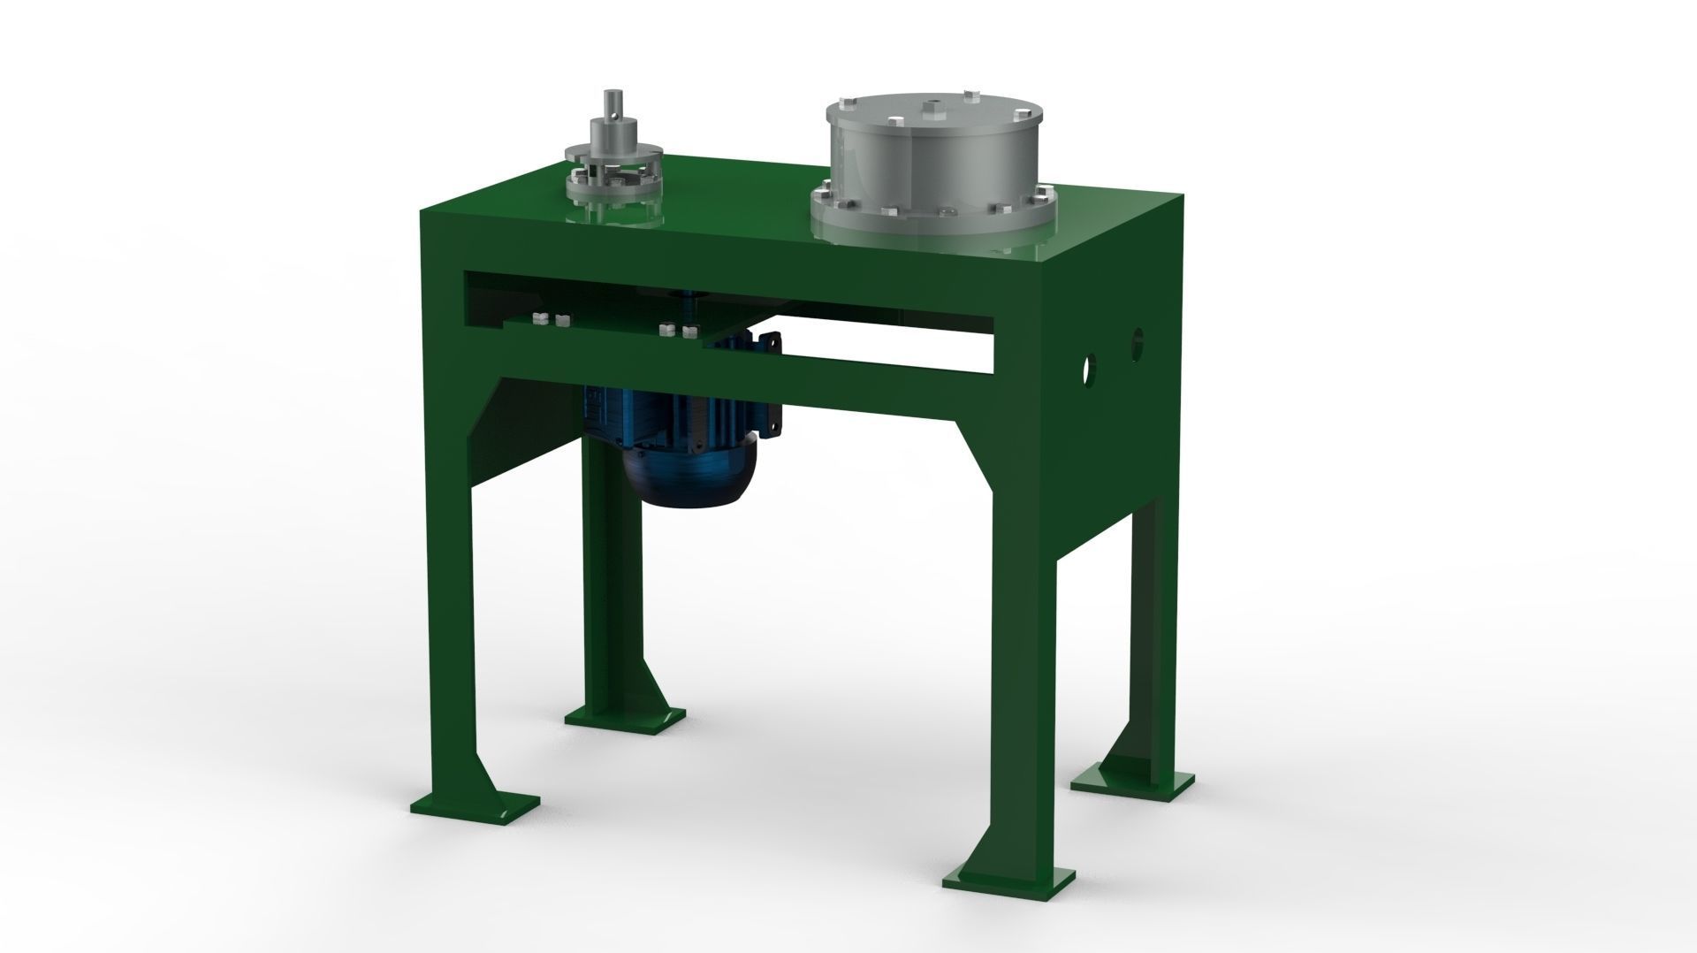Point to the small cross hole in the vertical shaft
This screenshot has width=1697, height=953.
613,114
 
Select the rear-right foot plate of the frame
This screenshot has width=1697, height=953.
1132,777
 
